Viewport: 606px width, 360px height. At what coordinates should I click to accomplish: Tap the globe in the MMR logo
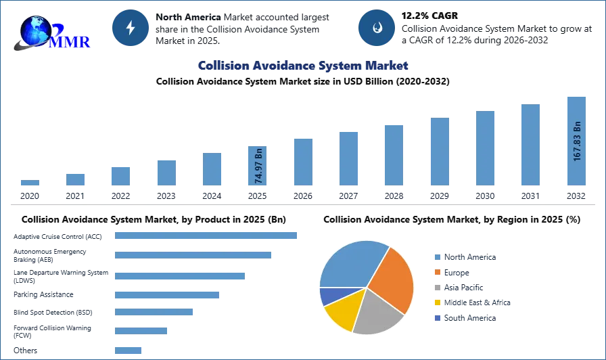(x=35, y=30)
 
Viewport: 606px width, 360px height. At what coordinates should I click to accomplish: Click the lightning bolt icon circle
(x=131, y=28)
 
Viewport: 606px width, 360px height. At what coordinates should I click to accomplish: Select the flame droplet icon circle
(x=376, y=28)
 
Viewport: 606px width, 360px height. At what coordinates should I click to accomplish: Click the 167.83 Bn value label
(x=577, y=141)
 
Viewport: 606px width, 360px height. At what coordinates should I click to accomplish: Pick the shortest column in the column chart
(x=30, y=183)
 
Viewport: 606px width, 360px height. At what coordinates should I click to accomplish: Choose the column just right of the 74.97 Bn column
(x=302, y=162)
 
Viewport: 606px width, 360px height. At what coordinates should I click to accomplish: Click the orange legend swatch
(x=438, y=272)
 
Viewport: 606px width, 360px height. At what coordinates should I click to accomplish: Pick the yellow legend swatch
(x=438, y=303)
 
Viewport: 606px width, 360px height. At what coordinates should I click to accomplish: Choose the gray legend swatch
(x=438, y=288)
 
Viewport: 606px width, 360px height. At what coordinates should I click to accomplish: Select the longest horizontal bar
(x=206, y=235)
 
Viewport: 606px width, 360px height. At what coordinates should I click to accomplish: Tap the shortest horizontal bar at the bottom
(x=129, y=351)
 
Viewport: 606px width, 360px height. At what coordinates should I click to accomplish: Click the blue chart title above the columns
(x=302, y=66)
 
